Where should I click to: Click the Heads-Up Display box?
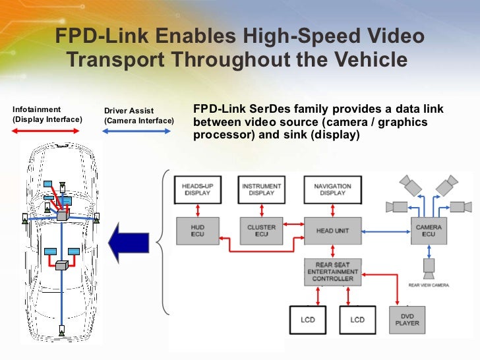click(x=196, y=190)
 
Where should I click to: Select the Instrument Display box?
click(x=262, y=190)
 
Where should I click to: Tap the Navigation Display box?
click(x=332, y=190)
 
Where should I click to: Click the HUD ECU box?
click(x=197, y=231)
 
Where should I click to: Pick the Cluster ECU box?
click(x=261, y=231)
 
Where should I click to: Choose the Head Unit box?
click(x=333, y=231)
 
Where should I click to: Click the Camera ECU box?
click(x=429, y=231)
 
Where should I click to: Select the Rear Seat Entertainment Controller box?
click(x=333, y=272)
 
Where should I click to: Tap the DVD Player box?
click(x=407, y=320)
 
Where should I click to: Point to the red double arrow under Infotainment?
click(x=45, y=132)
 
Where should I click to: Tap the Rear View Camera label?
click(x=429, y=285)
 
